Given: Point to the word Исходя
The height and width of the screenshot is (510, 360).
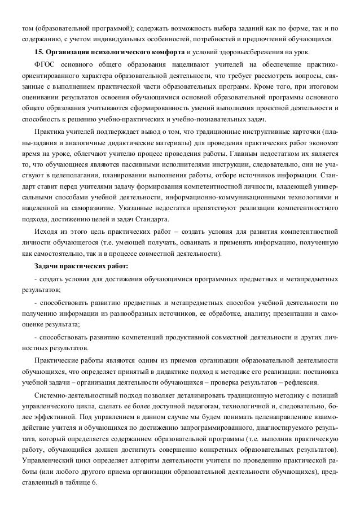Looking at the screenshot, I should tap(47, 232).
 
